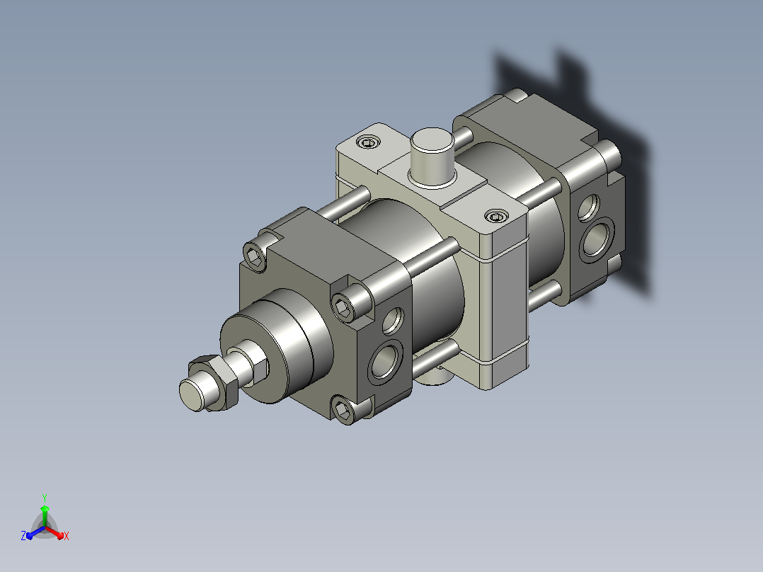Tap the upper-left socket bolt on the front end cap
255,256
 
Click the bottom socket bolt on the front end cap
344,410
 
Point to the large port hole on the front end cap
385,360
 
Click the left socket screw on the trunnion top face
368,142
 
